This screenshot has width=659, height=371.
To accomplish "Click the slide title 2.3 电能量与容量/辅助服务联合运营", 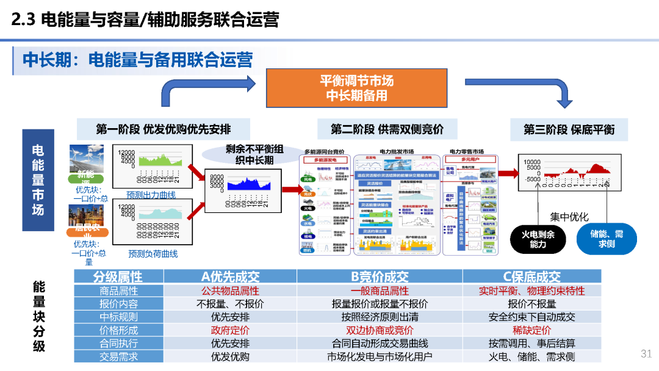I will click(x=145, y=20).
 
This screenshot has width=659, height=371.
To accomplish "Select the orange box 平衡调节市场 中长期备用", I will click(x=356, y=88).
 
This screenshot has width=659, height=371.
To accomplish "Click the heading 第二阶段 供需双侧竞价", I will click(x=387, y=129).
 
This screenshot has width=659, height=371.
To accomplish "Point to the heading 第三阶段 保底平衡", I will click(x=569, y=129).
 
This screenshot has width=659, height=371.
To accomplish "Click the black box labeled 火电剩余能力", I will click(x=538, y=239).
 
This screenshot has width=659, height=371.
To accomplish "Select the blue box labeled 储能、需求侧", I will click(x=607, y=239).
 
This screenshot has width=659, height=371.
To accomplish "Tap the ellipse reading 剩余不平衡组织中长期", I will click(x=254, y=154).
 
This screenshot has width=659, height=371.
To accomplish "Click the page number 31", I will click(x=646, y=354).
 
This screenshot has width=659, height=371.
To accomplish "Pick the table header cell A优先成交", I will click(x=230, y=276).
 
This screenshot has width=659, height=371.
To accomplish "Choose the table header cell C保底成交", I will click(x=531, y=276).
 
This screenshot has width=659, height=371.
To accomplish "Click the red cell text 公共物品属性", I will click(x=230, y=291).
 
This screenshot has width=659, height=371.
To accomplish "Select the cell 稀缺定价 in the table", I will click(x=531, y=330).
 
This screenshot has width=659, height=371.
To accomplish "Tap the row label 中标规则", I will click(x=118, y=317).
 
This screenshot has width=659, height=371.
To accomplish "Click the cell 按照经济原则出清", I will click(x=380, y=317).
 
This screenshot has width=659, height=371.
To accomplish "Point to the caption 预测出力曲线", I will click(x=151, y=195).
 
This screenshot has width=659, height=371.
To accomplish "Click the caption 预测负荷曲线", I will click(x=153, y=253).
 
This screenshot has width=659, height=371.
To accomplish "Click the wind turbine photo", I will click(x=86, y=160).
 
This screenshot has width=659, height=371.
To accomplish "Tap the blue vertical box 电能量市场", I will click(x=38, y=179).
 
